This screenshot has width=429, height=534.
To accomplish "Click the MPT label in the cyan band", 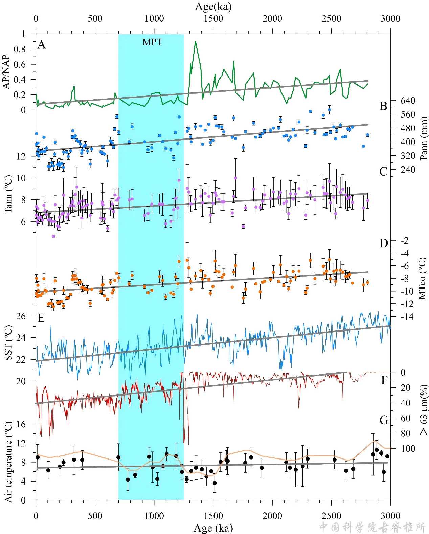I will click(152, 42).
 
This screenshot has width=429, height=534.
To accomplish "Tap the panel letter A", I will click(41, 44).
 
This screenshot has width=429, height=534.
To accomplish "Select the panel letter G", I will click(384, 420).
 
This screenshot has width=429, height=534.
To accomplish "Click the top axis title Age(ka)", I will click(213, 6).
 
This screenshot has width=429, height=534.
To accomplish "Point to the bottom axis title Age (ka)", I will click(213, 528).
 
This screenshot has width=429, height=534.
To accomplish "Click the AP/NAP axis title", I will click(6, 72).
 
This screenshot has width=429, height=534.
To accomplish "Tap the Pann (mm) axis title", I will click(423, 138).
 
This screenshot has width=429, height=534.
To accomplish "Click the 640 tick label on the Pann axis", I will click(408, 101).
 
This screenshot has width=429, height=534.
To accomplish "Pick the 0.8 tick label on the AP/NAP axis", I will click(20, 49).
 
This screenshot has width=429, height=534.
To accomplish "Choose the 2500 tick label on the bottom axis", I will click(331, 516).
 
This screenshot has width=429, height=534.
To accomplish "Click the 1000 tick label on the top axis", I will click(154, 18).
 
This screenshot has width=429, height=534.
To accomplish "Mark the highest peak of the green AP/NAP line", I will click(195, 41).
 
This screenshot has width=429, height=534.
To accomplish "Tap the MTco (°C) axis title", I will click(423, 278).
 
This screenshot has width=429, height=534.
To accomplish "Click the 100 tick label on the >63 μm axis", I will click(408, 449).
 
